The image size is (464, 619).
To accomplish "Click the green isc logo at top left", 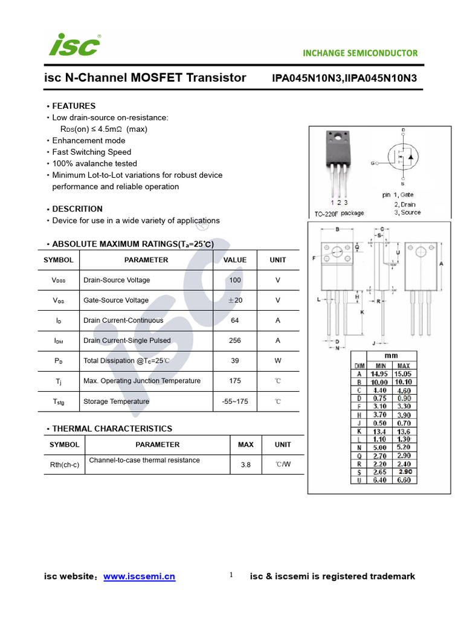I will click(x=74, y=45).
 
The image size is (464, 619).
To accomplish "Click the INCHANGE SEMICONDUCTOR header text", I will click(x=360, y=53).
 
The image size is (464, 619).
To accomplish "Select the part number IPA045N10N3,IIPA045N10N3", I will click(x=344, y=78).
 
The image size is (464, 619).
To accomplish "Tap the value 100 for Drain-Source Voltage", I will click(x=235, y=280).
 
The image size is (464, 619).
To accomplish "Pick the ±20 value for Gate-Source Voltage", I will click(x=235, y=300).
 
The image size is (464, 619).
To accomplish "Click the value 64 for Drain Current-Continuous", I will click(x=235, y=320).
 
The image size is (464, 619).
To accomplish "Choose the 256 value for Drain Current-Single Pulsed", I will click(x=235, y=341).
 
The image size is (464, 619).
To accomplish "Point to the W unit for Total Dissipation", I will click(x=278, y=361).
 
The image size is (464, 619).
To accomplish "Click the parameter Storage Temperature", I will click(x=116, y=401).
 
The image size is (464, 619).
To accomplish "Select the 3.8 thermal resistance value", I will click(x=245, y=465).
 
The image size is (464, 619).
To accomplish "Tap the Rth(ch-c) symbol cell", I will click(x=64, y=465).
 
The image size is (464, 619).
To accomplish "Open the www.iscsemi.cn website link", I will click(x=139, y=577).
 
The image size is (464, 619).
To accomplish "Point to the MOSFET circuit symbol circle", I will click(x=403, y=158).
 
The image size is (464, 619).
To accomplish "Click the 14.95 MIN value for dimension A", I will click(x=379, y=374).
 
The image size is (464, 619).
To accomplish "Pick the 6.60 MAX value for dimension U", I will click(x=403, y=480).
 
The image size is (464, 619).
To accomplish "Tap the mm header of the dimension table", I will click(x=391, y=356).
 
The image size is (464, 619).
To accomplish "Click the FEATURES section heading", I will click(x=74, y=106).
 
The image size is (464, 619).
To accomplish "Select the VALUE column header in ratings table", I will click(x=235, y=260).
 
